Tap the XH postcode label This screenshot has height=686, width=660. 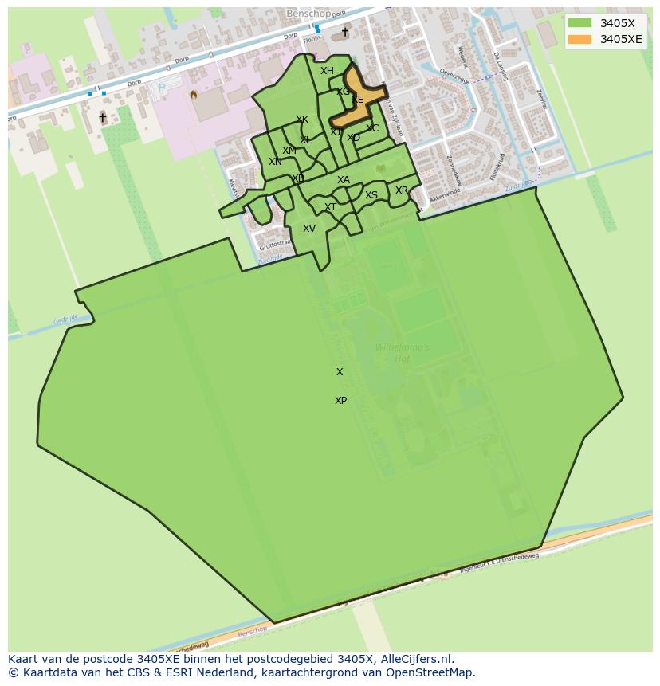(327, 71)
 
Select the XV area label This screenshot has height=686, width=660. (309, 229)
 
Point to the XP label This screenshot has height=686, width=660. (340, 401)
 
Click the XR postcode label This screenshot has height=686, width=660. (402, 190)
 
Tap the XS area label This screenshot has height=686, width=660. (371, 195)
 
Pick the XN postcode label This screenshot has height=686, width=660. (275, 162)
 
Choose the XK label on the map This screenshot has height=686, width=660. (302, 120)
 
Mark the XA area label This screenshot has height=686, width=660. (344, 180)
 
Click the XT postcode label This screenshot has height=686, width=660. (330, 207)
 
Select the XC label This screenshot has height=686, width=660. (372, 128)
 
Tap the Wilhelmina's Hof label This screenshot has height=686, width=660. (402, 353)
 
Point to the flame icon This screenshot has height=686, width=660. (193, 94)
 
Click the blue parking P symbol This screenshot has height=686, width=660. (163, 88)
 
